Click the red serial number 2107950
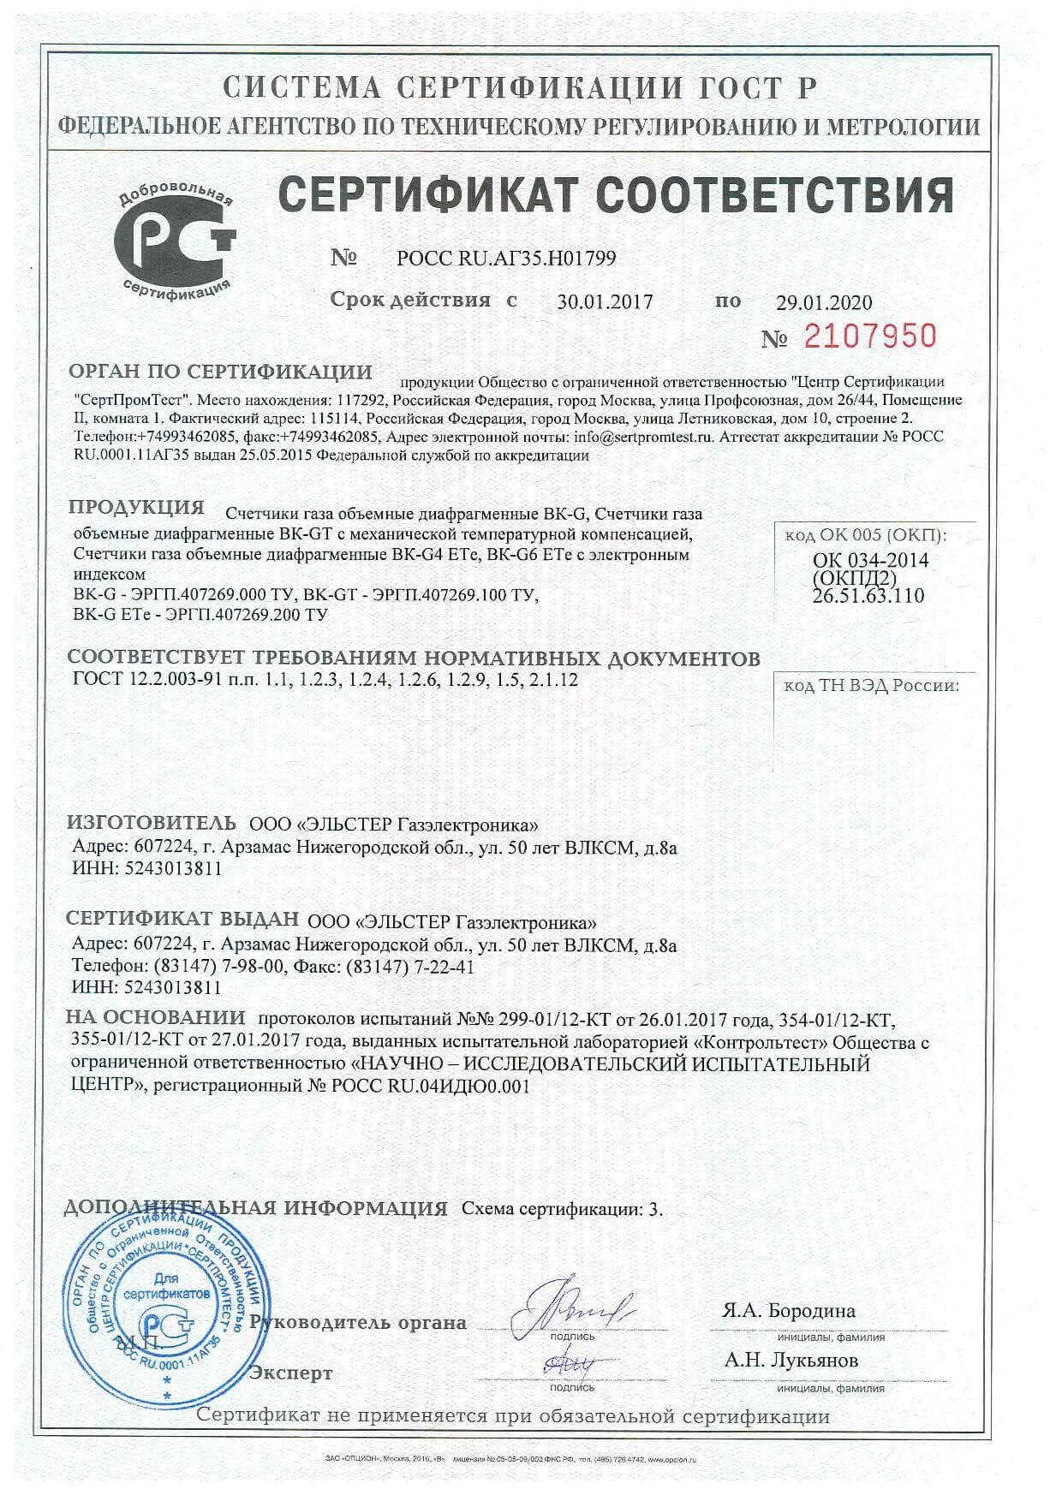click(x=870, y=337)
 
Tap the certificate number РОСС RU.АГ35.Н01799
click(x=506, y=258)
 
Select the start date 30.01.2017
click(x=605, y=302)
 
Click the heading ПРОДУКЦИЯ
click(x=136, y=507)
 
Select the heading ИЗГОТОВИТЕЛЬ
click(x=151, y=823)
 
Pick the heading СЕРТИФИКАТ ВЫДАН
click(x=182, y=919)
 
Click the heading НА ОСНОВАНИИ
click(x=156, y=1018)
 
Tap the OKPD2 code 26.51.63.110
click(x=868, y=596)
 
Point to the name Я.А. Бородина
click(x=789, y=1311)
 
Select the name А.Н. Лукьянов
click(x=791, y=1360)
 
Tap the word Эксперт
click(x=290, y=1373)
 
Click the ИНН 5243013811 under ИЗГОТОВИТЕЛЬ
click(x=147, y=868)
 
